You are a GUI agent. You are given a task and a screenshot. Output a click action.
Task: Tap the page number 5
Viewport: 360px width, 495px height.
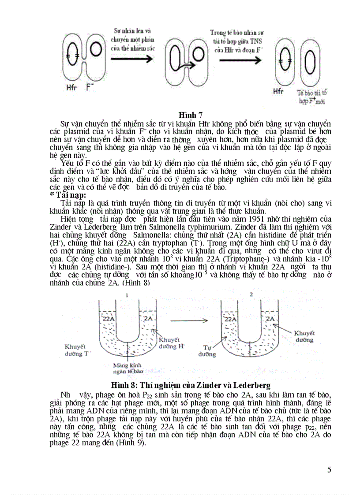[329, 469]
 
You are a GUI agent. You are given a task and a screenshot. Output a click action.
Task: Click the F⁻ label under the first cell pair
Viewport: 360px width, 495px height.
[90, 88]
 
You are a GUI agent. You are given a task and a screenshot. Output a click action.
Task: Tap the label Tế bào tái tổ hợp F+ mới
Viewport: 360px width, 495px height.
[311, 97]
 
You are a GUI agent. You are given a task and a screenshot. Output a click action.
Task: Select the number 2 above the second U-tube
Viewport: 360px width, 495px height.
[251, 294]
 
